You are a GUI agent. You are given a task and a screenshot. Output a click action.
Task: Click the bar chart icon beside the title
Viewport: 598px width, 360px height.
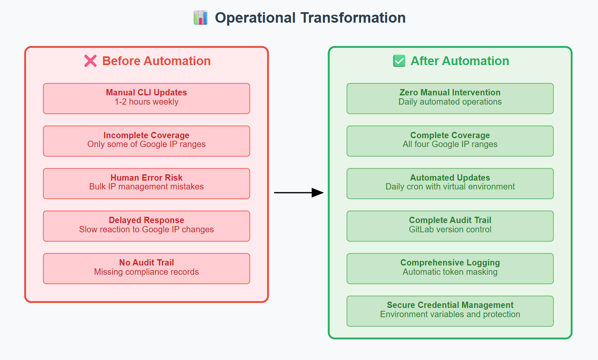point(200,18)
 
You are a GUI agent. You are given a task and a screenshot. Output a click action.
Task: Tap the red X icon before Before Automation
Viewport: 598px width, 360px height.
point(91,61)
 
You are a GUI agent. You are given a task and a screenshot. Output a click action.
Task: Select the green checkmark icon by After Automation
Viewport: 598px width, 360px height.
point(399,61)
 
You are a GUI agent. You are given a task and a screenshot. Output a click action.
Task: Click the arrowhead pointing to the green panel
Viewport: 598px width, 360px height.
point(317,192)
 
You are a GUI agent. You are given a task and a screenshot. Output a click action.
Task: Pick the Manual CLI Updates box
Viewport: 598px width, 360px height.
point(147,99)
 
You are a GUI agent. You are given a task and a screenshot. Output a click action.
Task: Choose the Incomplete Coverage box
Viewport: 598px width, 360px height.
point(147,141)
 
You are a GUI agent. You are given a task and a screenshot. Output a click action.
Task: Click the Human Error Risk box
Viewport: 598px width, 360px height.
point(147,184)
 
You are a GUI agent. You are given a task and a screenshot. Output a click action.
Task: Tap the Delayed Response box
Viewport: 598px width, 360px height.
point(147,226)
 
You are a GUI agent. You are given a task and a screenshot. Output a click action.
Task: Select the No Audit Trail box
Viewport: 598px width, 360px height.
point(147,268)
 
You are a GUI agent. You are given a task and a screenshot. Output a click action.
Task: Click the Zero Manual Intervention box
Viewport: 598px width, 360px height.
point(450,99)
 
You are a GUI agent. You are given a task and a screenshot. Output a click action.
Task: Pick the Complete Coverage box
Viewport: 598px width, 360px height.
point(450,141)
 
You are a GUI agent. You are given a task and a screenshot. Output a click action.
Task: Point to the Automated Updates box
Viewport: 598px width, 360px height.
point(450,184)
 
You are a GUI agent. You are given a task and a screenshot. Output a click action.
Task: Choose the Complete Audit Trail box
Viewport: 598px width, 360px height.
point(450,226)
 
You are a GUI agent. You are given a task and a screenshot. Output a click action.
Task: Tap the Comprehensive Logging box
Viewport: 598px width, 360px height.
point(450,268)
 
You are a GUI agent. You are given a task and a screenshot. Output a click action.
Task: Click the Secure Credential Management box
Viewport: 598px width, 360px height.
point(450,311)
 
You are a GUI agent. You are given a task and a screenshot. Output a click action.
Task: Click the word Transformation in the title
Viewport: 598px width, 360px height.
point(353,18)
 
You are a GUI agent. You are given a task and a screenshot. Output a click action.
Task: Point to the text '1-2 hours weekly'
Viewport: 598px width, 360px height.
point(147,102)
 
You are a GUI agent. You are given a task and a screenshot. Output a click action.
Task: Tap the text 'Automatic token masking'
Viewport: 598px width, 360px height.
point(450,272)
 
